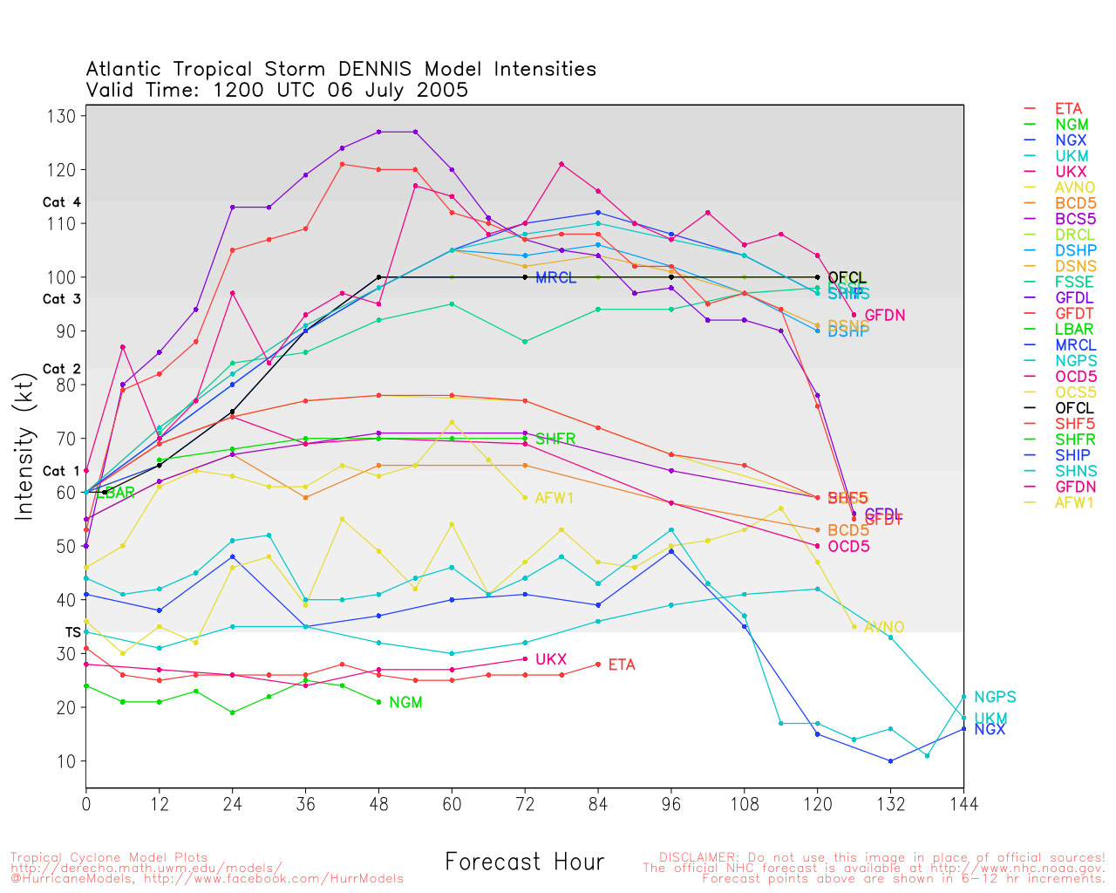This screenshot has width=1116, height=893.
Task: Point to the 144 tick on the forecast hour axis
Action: click(963, 803)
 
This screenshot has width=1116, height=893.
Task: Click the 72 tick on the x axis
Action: click(525, 803)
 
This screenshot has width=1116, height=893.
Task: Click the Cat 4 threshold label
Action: click(61, 202)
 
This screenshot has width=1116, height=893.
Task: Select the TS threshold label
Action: click(73, 631)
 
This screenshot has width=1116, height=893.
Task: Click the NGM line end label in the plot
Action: click(405, 702)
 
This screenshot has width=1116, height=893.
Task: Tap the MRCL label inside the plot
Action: click(555, 278)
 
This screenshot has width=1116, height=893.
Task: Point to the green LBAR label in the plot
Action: click(119, 493)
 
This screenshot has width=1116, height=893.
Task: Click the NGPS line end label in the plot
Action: click(995, 697)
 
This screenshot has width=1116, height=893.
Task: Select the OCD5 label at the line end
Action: click(848, 547)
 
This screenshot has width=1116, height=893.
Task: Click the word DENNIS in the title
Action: click(378, 69)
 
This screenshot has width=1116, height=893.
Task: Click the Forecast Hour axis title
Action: click(524, 862)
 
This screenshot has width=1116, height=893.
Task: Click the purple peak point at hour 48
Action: click(378, 132)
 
